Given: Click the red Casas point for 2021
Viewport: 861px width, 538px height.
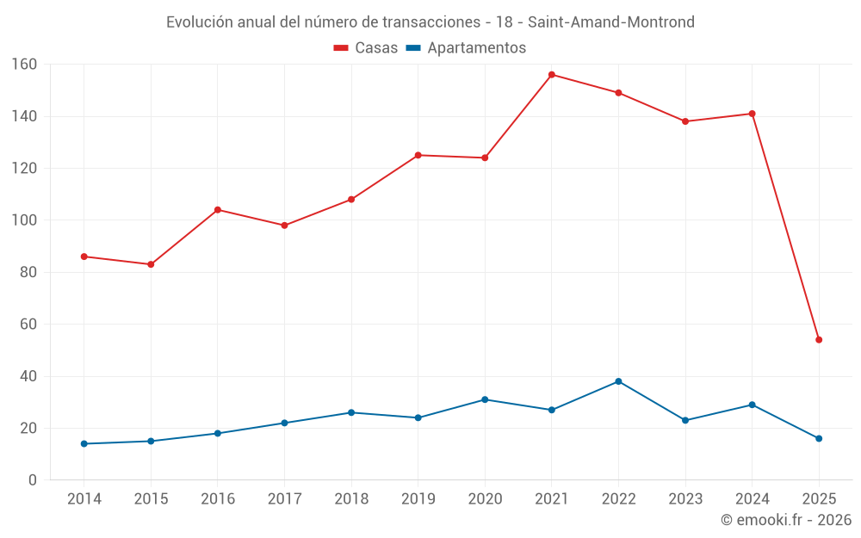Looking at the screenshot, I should [x=552, y=75].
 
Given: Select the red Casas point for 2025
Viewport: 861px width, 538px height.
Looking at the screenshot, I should [x=819, y=340].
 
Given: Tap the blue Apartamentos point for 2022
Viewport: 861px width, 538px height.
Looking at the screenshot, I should [x=618, y=381].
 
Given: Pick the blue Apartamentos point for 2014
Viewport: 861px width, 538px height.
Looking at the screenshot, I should [x=84, y=444].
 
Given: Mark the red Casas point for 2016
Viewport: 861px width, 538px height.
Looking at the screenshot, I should [x=218, y=210].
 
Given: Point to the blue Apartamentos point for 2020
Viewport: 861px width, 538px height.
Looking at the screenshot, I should [x=485, y=399].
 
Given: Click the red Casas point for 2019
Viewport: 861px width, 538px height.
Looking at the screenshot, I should [x=418, y=155].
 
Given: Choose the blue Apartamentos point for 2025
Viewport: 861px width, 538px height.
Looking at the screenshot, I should [x=819, y=439].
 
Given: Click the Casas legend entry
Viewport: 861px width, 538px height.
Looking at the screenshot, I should [x=366, y=48].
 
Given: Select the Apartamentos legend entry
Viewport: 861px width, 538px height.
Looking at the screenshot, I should [x=466, y=48].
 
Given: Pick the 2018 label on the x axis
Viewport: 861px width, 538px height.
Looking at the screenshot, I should [x=351, y=499].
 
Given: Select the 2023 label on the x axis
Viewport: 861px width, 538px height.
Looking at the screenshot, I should [x=685, y=499].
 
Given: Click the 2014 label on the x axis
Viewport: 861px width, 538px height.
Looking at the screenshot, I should [x=84, y=499].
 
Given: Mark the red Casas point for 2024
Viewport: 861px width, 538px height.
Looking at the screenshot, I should [x=753, y=114].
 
